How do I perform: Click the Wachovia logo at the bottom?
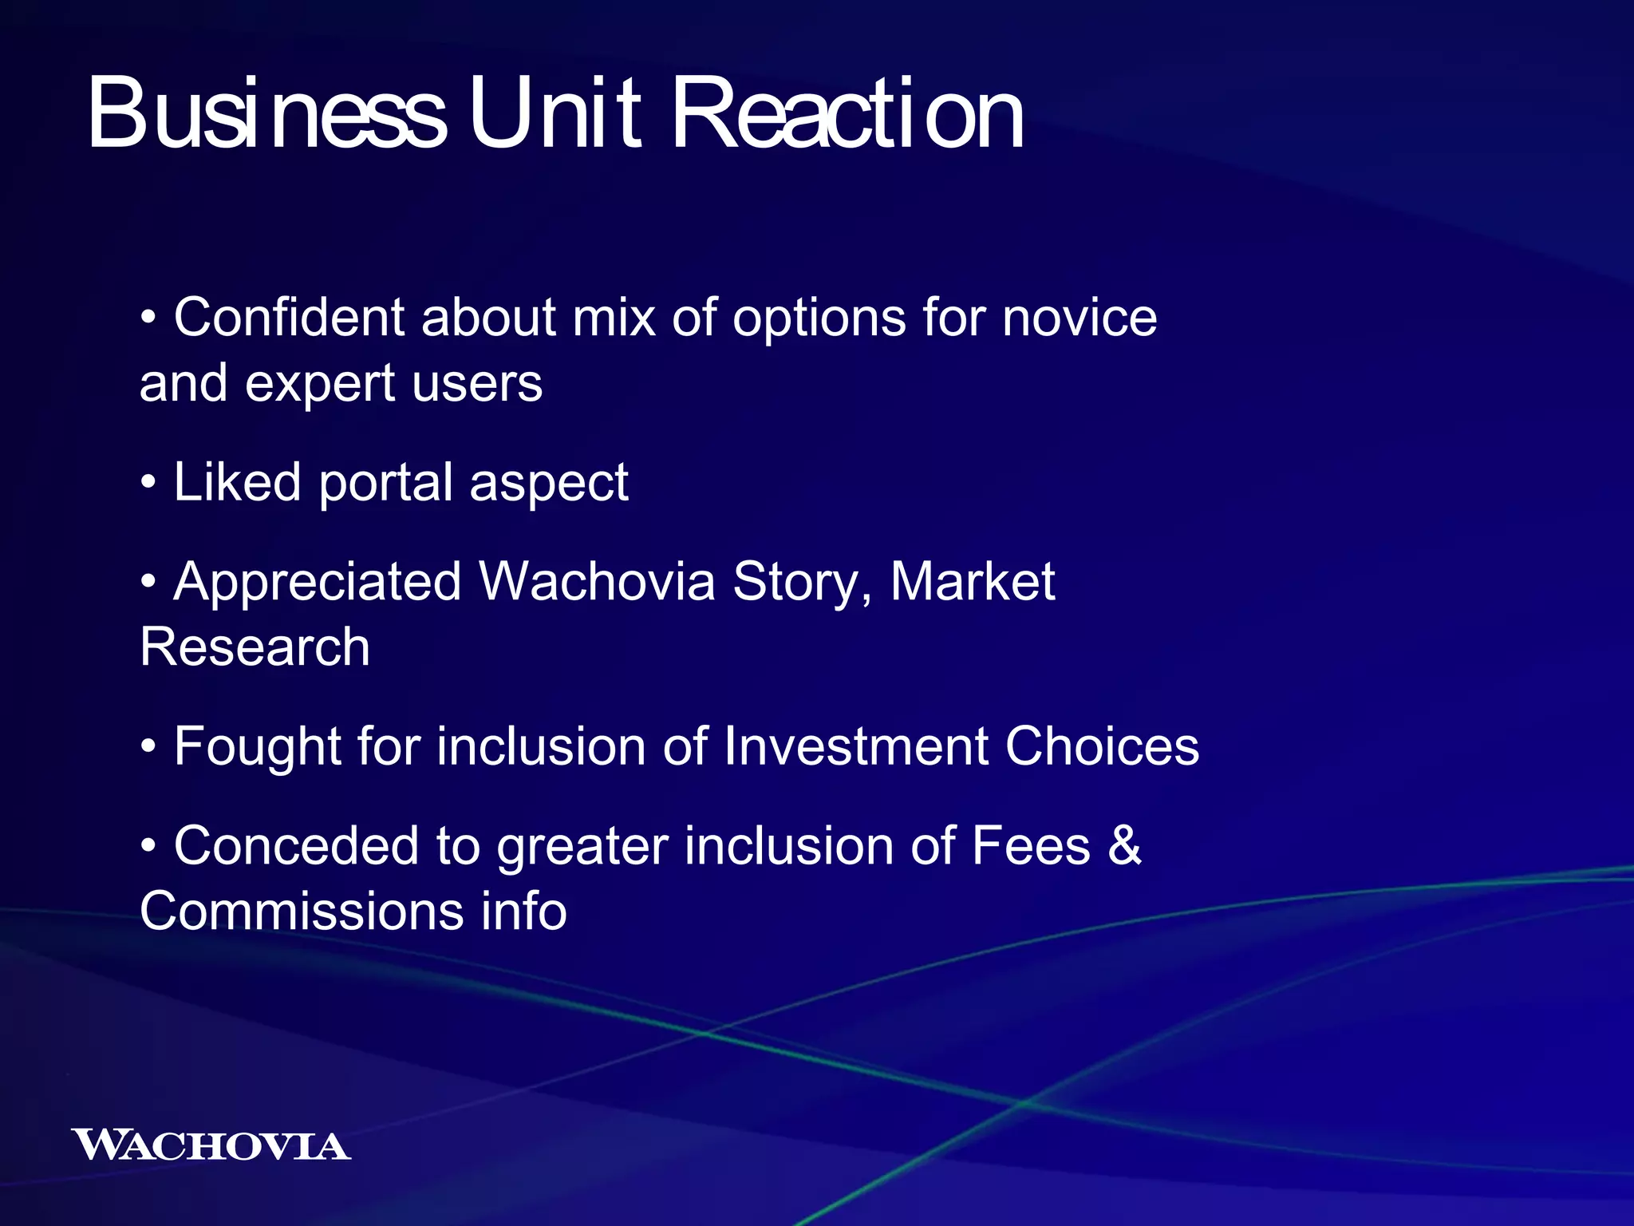tap(211, 1145)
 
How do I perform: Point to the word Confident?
tap(289, 318)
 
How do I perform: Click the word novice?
tap(1079, 318)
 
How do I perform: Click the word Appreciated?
tap(317, 583)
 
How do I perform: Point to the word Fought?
tap(257, 747)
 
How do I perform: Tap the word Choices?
tap(1102, 747)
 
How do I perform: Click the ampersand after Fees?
tap(1125, 846)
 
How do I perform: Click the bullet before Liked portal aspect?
tap(148, 484)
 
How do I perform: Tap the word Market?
tap(972, 583)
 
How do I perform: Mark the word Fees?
tap(1030, 846)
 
